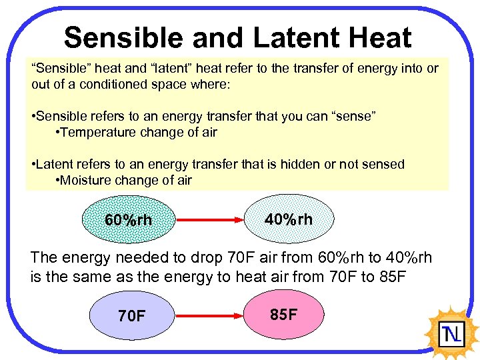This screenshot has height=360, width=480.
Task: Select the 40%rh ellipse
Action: click(x=288, y=219)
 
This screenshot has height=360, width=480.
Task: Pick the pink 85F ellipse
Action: click(x=284, y=314)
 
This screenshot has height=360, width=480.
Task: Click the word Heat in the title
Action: click(x=381, y=38)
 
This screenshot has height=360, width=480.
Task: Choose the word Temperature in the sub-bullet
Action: click(x=97, y=132)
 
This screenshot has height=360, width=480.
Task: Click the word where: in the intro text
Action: click(x=213, y=85)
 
